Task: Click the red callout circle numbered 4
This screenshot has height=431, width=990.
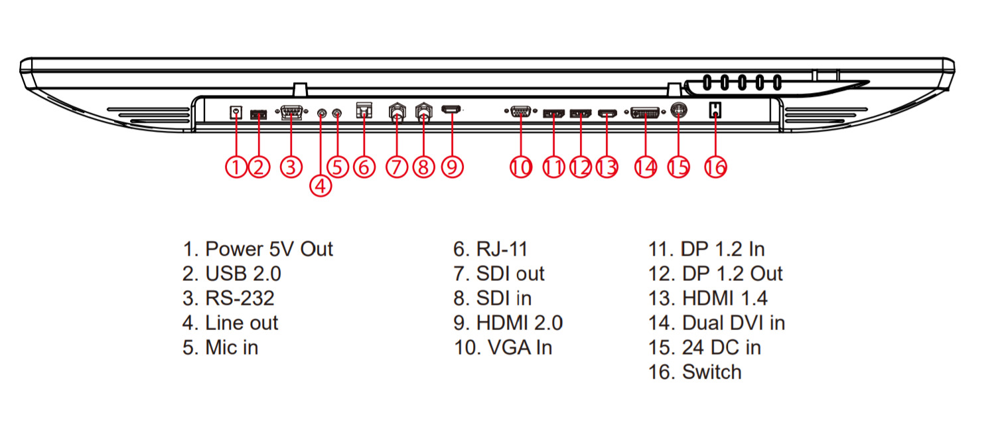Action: (320, 186)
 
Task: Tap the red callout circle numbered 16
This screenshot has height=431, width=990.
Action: (715, 167)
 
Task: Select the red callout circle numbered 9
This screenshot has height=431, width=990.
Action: (452, 167)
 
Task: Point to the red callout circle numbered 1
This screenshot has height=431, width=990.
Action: (236, 167)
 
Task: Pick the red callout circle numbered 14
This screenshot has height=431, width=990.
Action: (644, 167)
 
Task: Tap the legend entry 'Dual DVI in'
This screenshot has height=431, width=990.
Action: (717, 323)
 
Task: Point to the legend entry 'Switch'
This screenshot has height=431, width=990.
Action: (695, 372)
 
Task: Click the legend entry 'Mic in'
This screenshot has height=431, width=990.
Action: (220, 347)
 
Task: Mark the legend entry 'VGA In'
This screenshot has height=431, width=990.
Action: (502, 347)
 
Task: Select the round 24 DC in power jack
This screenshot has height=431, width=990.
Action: (678, 112)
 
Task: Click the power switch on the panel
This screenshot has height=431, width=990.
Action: (715, 110)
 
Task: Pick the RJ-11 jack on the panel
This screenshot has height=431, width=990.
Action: (364, 110)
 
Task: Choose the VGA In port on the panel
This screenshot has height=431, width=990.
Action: (521, 112)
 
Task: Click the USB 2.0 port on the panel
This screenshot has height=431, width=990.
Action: (259, 114)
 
